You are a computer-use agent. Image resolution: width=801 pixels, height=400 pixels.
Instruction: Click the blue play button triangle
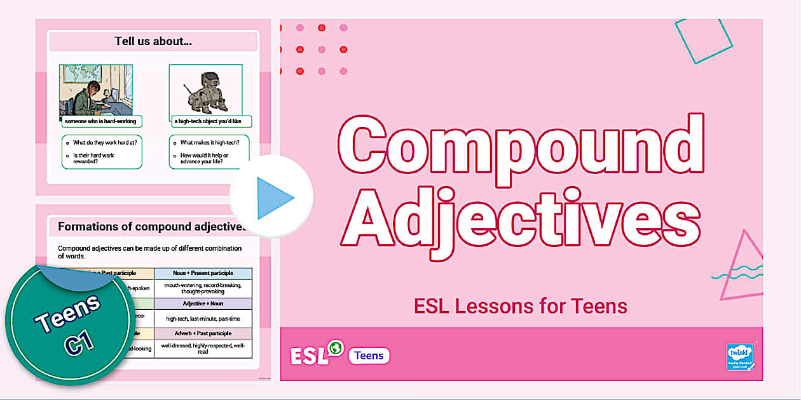[x=275, y=197]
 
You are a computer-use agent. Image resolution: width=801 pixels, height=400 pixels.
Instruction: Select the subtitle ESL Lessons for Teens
[x=520, y=306]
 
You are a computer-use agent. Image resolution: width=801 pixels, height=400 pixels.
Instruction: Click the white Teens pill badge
[x=369, y=356]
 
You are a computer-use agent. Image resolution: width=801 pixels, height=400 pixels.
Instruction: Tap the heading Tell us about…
[x=153, y=41]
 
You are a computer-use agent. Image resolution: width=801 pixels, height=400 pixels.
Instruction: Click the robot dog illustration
[x=205, y=93]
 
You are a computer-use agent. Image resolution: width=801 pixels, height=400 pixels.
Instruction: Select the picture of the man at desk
[x=96, y=90]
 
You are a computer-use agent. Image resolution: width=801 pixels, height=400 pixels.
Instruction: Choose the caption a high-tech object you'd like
[x=211, y=121]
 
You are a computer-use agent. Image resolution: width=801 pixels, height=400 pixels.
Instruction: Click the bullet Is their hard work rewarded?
[x=102, y=158]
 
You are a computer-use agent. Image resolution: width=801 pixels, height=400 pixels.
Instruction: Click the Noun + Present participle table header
[x=203, y=274]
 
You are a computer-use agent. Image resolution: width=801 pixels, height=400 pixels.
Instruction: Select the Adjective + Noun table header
[x=203, y=304]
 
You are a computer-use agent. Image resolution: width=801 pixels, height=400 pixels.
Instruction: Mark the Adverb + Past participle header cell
[x=203, y=333]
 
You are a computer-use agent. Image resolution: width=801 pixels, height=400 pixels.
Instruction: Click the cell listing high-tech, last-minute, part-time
[x=203, y=319]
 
